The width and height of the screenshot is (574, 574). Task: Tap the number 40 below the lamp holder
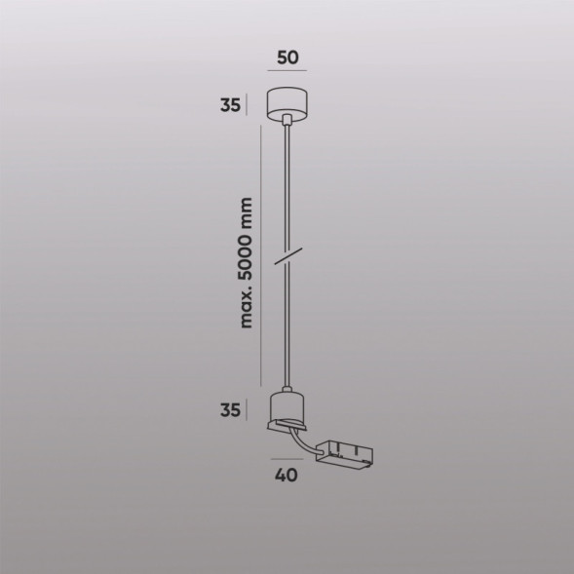287,477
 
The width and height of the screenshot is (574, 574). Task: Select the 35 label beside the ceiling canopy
231,105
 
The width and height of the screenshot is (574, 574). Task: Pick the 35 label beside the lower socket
231,411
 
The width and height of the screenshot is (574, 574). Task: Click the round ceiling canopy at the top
287,102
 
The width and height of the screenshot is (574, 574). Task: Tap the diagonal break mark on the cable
287,258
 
